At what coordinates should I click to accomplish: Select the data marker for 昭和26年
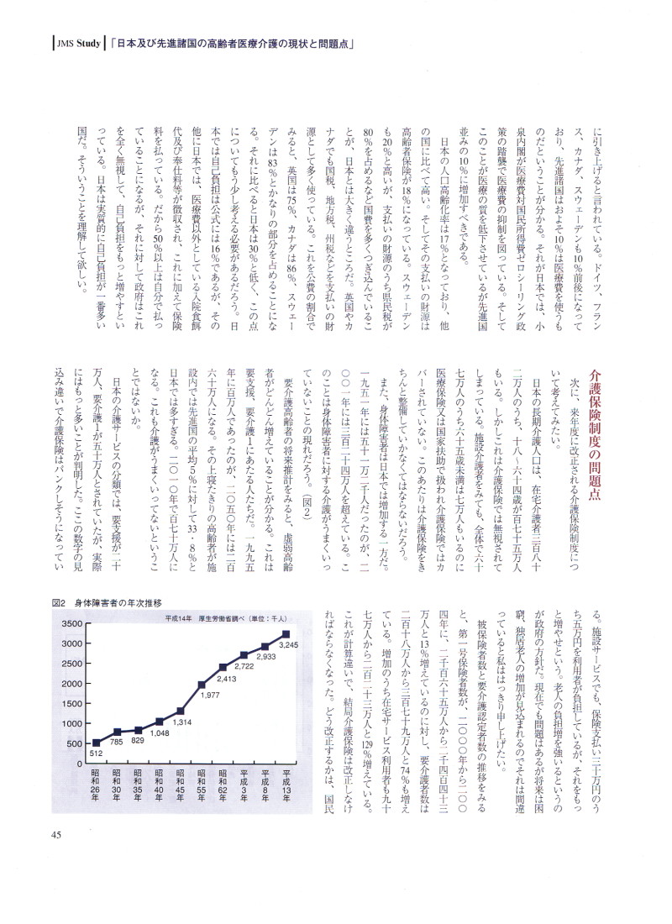(x=95, y=742)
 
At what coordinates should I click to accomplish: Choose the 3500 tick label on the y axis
(x=69, y=624)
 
